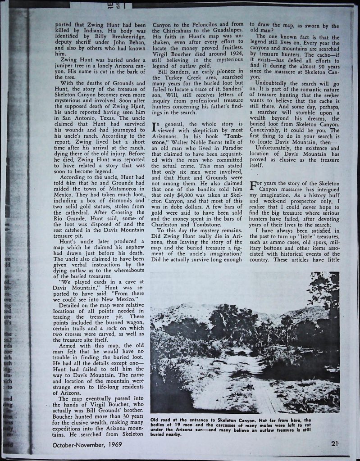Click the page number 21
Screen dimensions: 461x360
334,443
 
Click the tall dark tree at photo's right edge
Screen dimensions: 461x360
327,306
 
